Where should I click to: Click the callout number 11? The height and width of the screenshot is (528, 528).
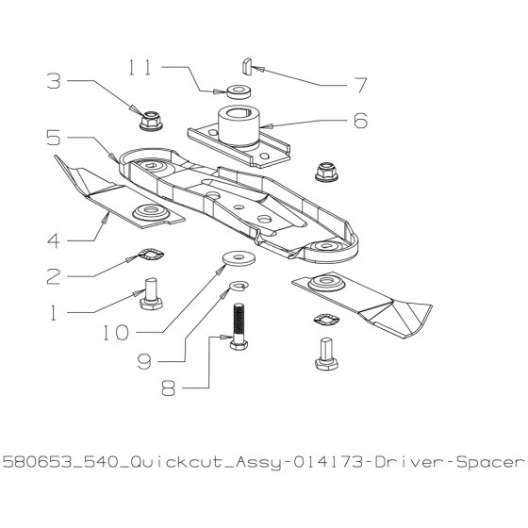pos(140,68)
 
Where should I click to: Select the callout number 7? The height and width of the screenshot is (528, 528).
pos(359,85)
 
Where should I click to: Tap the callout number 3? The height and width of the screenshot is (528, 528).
pos(54,81)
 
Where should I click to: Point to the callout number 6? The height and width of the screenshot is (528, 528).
pos(360,121)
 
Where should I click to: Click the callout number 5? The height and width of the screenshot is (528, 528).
pos(54,137)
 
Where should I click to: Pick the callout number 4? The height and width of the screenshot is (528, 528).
pos(54,240)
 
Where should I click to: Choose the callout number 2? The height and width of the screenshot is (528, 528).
pos(54,276)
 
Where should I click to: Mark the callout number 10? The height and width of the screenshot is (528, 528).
pos(116,332)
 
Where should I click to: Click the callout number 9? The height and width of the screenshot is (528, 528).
pos(144,361)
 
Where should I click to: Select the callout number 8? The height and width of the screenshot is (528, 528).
pos(169,388)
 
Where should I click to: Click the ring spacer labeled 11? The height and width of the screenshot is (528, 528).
pos(239,92)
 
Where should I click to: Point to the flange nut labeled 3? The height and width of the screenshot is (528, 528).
pos(151,121)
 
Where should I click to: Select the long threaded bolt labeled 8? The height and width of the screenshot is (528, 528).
pos(239,326)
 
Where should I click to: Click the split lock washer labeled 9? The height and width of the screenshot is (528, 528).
pos(239,287)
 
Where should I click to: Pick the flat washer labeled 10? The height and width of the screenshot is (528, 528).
pos(239,258)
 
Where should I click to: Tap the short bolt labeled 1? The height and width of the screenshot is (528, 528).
pos(151,293)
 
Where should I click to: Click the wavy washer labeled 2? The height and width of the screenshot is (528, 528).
pos(151,255)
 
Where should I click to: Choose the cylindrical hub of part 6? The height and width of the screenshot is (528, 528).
pos(239,126)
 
